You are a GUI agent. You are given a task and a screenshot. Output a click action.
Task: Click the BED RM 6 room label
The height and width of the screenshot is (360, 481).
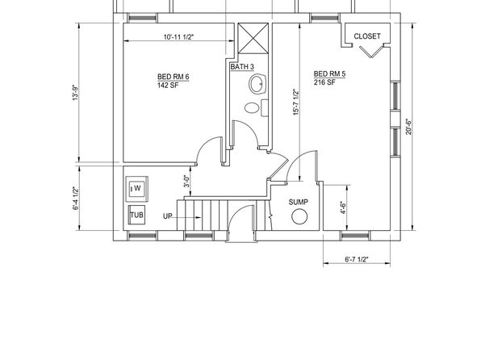[174, 77]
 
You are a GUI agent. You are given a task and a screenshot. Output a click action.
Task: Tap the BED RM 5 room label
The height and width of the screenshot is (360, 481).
[329, 74]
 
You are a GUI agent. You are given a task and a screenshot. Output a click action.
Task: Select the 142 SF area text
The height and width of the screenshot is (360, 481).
[168, 86]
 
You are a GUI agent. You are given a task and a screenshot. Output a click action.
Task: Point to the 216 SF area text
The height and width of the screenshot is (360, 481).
[324, 82]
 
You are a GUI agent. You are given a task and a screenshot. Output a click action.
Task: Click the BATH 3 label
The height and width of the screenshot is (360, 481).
[242, 67]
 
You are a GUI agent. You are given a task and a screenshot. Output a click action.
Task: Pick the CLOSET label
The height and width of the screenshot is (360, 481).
[367, 36]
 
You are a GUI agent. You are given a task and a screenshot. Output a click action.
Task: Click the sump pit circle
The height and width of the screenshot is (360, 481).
[299, 216]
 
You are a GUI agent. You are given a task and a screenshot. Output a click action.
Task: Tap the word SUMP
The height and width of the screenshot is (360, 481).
[299, 202]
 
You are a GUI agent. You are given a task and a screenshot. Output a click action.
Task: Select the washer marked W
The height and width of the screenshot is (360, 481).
[137, 188]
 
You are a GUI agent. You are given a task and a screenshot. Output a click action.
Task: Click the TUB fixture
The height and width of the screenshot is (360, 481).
[136, 215]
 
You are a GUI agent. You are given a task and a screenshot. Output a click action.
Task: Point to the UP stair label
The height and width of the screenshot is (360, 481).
[168, 216]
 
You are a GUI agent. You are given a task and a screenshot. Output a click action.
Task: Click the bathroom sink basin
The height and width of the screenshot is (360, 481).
[257, 84]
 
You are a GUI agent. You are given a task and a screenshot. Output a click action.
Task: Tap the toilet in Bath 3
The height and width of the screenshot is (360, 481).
[257, 107]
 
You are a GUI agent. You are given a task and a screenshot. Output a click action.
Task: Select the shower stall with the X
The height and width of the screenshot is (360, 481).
[253, 39]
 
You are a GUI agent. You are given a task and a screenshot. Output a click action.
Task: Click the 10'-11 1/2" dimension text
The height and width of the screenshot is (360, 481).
[179, 37]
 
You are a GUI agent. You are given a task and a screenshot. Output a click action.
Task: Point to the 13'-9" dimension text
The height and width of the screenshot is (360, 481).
[76, 93]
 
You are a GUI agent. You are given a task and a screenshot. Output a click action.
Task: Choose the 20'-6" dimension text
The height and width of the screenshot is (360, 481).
[408, 127]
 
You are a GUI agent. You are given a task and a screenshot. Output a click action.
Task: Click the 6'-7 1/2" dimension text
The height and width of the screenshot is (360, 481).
[357, 259]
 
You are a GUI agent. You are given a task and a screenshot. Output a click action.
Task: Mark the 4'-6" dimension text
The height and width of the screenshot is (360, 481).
[343, 207]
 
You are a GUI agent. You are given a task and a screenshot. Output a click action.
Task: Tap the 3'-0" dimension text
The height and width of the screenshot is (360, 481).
[186, 181]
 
